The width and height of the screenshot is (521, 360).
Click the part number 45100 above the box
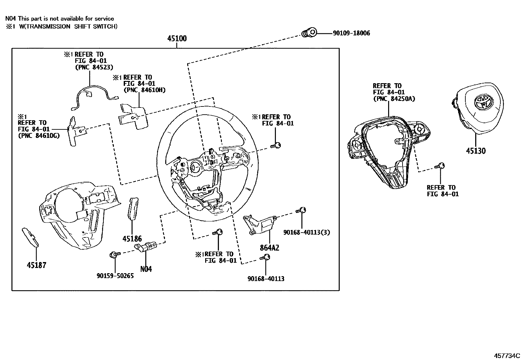click(177, 39)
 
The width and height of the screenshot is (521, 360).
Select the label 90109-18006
click(351, 33)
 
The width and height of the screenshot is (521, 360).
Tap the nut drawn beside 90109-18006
click(309, 33)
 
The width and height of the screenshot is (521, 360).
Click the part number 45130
click(476, 151)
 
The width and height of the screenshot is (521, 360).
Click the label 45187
click(36, 265)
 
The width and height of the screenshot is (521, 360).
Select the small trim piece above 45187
click(30, 237)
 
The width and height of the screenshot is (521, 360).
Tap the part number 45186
click(132, 239)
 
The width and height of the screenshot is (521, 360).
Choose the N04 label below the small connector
click(146, 269)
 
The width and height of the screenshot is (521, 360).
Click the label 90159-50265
click(115, 276)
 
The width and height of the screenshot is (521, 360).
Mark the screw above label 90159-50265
click(114, 254)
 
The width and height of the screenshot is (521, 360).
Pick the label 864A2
click(270, 248)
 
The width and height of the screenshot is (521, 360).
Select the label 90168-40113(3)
click(307, 232)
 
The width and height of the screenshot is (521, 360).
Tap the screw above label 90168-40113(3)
click(302, 210)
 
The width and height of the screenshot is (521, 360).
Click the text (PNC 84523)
click(94, 67)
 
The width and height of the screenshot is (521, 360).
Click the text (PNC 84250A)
click(394, 99)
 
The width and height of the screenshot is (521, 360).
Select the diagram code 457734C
click(507, 356)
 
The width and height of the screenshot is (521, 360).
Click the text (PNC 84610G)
click(39, 135)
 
